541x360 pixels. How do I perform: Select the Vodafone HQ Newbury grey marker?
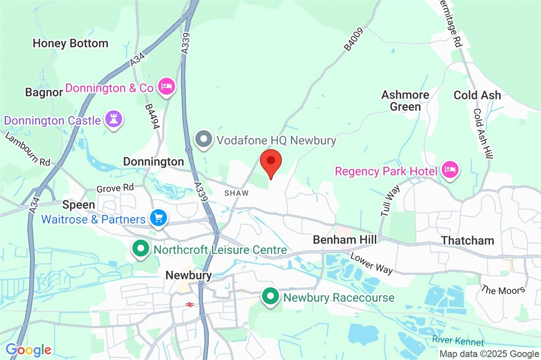[x=204, y=140]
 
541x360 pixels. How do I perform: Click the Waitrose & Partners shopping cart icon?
[x=159, y=219]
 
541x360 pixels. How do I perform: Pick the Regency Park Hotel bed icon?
[x=450, y=171]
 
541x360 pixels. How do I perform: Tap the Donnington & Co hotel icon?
[x=166, y=87]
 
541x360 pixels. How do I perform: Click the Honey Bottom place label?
[x=71, y=44]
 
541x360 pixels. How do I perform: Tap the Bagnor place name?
[x=43, y=92]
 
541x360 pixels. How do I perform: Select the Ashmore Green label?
[x=405, y=101]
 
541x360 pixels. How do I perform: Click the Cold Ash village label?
[x=477, y=95]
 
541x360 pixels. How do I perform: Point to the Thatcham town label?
[x=468, y=240]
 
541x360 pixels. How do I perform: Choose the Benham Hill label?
[x=345, y=240]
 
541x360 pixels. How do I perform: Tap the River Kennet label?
[x=458, y=341]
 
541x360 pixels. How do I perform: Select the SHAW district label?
[x=237, y=193]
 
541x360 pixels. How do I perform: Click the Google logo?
[x=28, y=350]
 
